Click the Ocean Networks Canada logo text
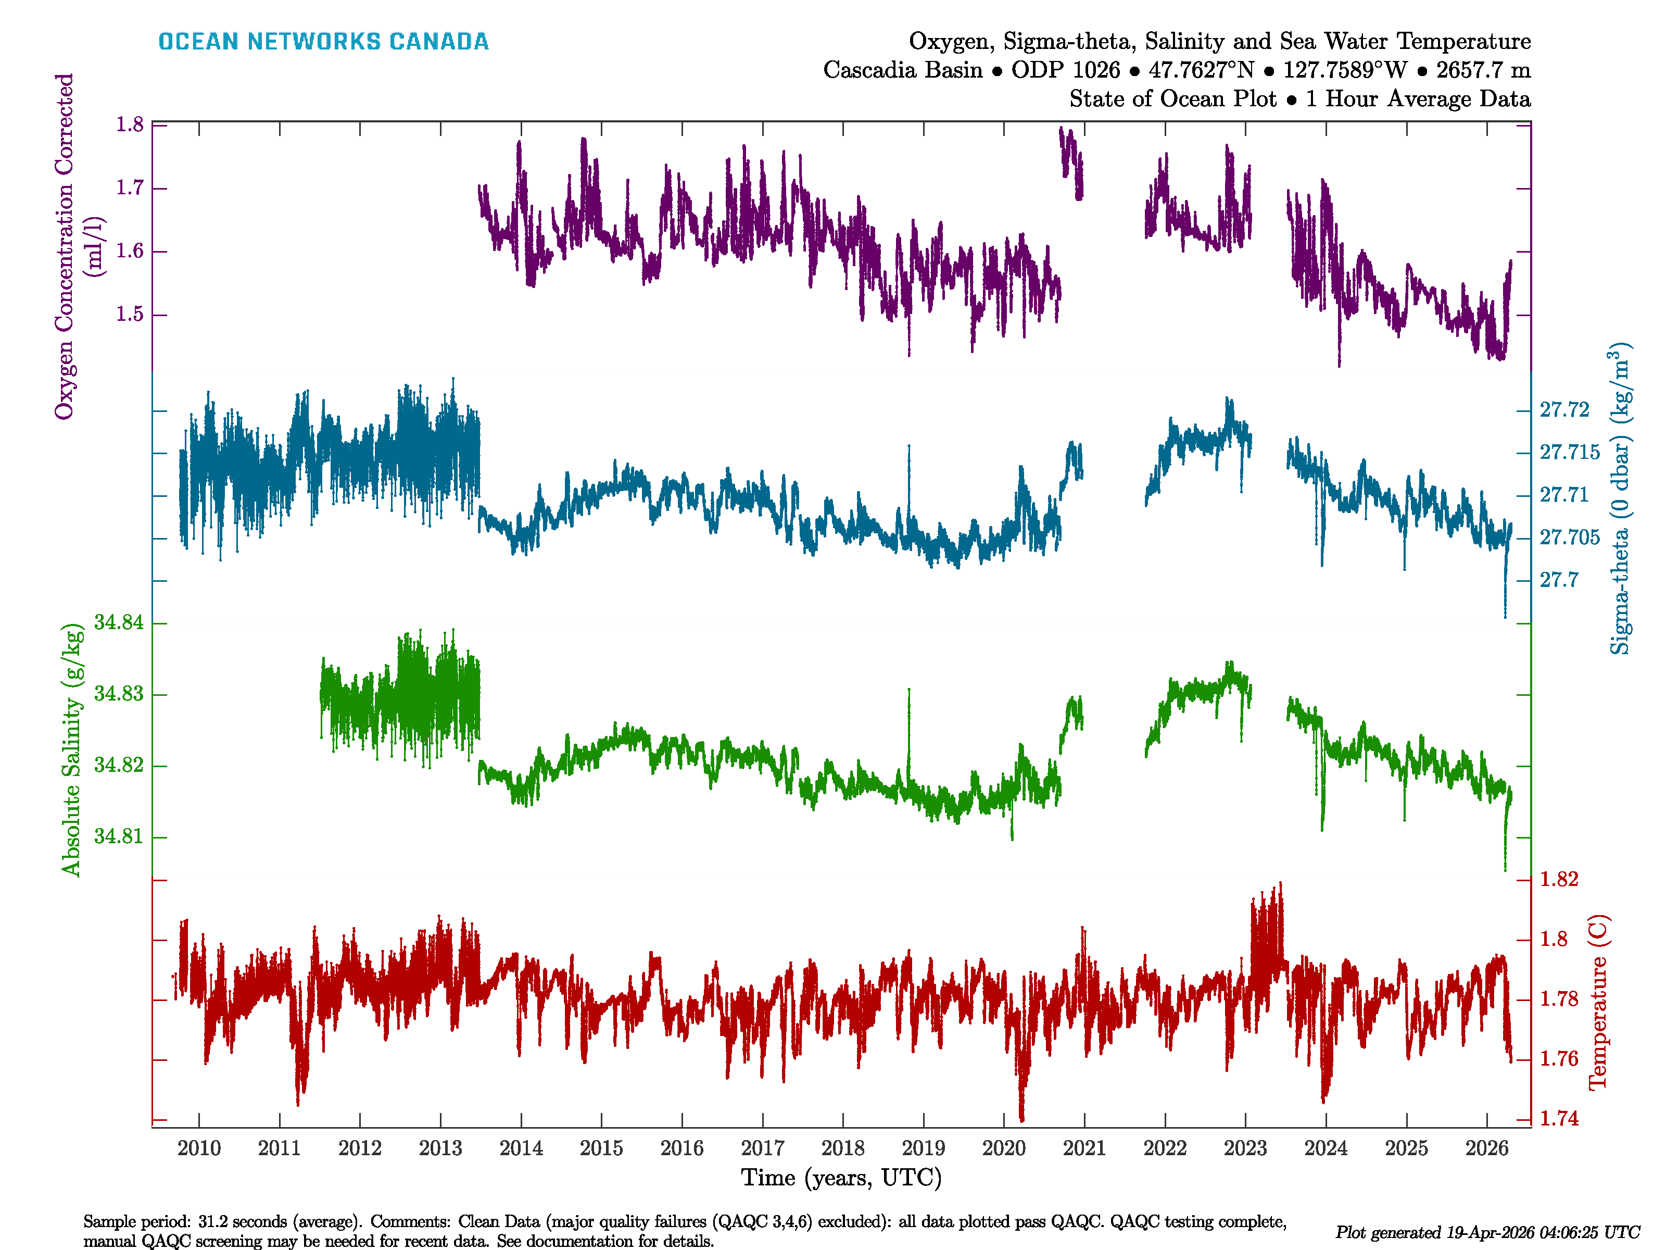(x=323, y=42)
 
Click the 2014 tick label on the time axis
(x=521, y=1148)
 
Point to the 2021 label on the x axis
(x=1084, y=1148)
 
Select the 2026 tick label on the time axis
(x=1486, y=1148)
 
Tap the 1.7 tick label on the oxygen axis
(x=130, y=187)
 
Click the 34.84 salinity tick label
(x=118, y=622)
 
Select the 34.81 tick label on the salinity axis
(x=118, y=836)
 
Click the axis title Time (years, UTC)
(x=841, y=1178)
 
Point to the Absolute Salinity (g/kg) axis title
(x=71, y=749)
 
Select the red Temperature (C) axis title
(x=1597, y=1002)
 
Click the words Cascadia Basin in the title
(x=902, y=70)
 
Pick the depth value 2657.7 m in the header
(x=1483, y=70)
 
